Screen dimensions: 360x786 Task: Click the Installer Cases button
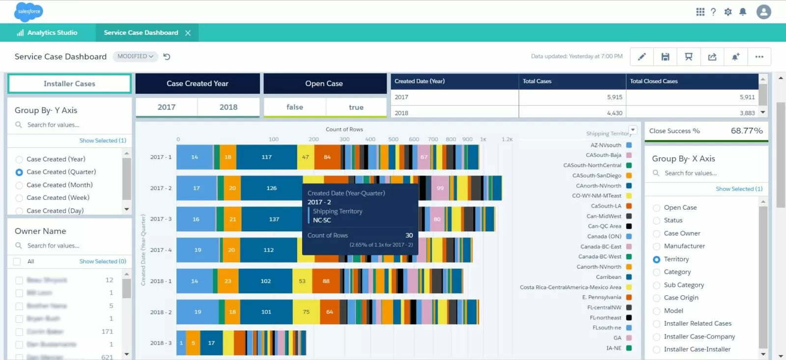click(x=69, y=83)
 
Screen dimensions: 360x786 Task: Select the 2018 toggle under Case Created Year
click(x=228, y=107)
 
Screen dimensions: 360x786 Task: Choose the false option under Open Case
click(x=295, y=107)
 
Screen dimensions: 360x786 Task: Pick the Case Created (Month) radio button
click(x=19, y=185)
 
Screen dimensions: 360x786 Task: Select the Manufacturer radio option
click(x=656, y=246)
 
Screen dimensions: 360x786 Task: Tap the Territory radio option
click(x=656, y=259)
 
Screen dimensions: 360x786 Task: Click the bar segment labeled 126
click(x=271, y=188)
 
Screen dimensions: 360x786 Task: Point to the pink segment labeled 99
click(x=440, y=188)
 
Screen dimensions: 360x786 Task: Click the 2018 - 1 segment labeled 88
click(x=326, y=281)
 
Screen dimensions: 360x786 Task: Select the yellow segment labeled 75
click(x=306, y=312)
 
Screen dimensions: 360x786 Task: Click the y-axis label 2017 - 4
click(x=161, y=250)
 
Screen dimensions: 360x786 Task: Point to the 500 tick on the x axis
click(x=393, y=139)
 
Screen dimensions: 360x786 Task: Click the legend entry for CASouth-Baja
click(x=603, y=155)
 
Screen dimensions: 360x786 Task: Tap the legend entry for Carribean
click(x=608, y=277)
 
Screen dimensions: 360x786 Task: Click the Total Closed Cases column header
click(x=653, y=81)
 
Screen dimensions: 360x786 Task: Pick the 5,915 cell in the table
click(x=614, y=97)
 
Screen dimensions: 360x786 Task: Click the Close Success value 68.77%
click(x=746, y=131)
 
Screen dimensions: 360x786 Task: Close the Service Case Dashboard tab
click(x=188, y=33)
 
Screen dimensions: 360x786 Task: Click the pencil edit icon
click(x=642, y=57)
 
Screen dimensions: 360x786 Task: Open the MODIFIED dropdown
click(x=135, y=56)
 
